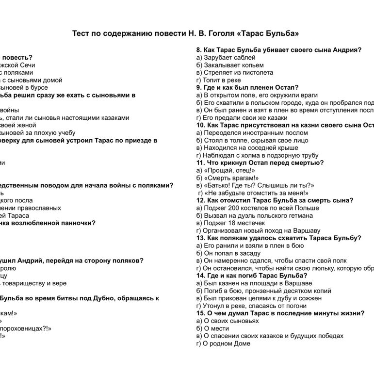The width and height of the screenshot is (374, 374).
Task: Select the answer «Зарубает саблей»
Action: click(x=224, y=57)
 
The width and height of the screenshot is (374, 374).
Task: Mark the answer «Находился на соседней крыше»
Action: click(x=244, y=147)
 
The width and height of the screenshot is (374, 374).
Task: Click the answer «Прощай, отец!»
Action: click(x=226, y=170)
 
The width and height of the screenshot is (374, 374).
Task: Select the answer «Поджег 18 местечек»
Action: click(x=231, y=223)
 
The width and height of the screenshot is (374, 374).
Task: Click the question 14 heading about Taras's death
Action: click(x=252, y=276)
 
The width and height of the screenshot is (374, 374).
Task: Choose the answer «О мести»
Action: click(x=214, y=328)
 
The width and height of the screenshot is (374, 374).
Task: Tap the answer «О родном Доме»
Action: click(x=223, y=343)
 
